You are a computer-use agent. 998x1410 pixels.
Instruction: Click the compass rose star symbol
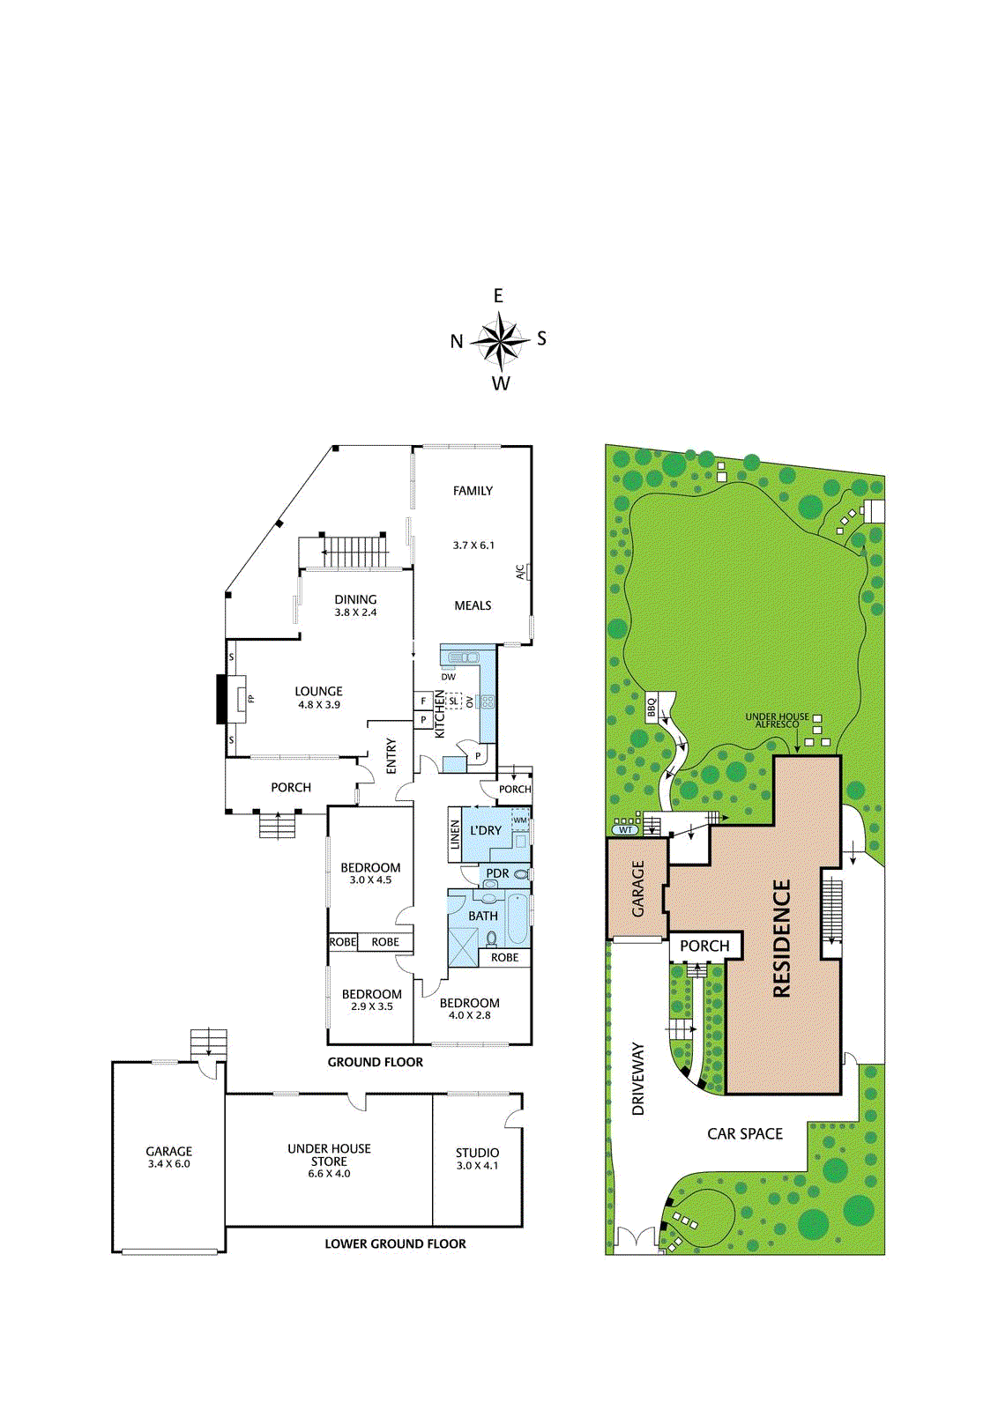500,340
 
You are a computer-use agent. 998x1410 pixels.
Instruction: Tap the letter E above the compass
498,296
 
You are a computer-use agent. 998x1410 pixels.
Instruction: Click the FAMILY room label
473,491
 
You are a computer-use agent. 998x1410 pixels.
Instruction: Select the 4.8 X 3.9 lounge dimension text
319,705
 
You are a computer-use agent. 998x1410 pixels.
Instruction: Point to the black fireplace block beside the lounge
221,699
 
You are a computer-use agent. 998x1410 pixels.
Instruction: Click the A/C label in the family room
520,572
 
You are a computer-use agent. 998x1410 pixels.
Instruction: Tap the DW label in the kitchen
449,677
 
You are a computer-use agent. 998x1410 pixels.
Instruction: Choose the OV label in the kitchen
470,701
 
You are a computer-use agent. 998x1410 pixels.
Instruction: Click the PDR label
497,873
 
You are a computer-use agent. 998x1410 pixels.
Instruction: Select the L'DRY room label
486,830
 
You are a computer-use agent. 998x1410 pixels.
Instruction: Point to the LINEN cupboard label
455,834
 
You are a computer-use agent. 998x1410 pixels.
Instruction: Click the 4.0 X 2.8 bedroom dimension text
470,1014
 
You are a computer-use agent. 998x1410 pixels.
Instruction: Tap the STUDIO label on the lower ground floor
477,1153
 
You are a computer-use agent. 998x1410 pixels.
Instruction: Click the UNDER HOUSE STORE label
330,1154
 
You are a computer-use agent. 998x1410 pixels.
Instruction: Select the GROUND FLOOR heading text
376,1062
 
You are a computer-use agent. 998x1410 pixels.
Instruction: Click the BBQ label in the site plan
652,707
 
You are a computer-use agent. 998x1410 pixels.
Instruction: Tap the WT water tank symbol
625,829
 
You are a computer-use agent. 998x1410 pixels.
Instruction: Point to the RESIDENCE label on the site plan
781,939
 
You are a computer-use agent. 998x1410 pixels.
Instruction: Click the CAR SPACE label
745,1133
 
